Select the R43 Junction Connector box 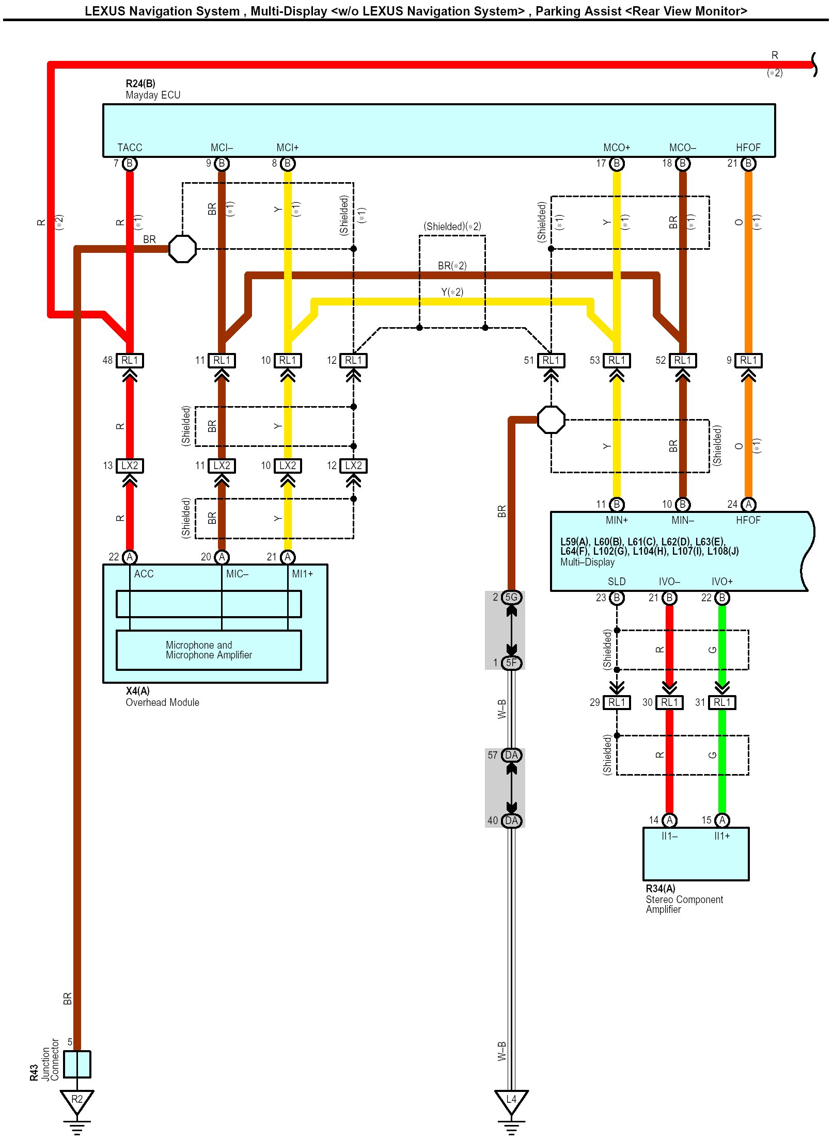click(77, 1064)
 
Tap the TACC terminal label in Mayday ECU click(130, 148)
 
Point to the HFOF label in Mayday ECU click(748, 148)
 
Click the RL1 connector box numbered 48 click(130, 360)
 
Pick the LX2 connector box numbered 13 click(130, 465)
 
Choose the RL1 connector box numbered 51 click(551, 360)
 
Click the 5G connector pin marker click(511, 597)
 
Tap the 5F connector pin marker click(511, 663)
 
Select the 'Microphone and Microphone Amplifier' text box click(209, 650)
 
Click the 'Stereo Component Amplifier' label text click(684, 904)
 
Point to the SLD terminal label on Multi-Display click(617, 582)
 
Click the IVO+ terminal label click(722, 582)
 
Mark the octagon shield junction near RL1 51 click(551, 420)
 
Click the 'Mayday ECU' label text click(153, 95)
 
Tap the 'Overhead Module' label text click(162, 702)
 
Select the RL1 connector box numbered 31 click(722, 702)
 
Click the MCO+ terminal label click(617, 148)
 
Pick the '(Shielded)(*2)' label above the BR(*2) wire click(452, 227)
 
